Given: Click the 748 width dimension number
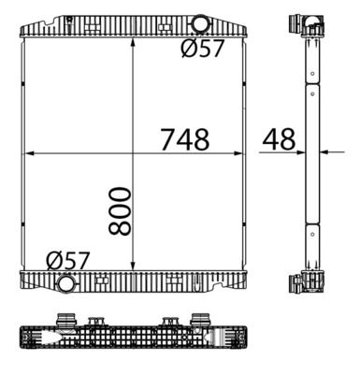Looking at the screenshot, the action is [185, 139].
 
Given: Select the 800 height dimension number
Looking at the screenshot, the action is [120, 210].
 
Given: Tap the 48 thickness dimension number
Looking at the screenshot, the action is [279, 139].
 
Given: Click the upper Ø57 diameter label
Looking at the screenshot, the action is [203, 49].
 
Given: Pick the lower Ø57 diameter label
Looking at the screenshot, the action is [68, 261].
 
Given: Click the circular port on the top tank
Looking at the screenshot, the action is [199, 24].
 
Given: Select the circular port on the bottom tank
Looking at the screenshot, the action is [66, 283].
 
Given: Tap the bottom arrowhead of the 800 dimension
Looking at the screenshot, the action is [133, 266].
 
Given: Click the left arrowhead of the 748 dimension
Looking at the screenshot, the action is [29, 153].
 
